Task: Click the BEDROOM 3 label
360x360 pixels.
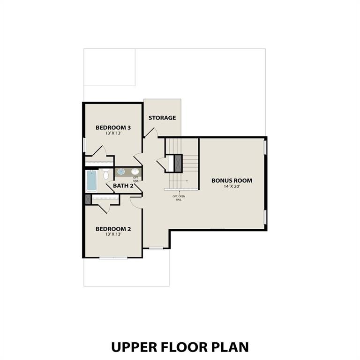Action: tap(113, 127)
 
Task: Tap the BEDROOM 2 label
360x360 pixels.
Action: tap(113, 229)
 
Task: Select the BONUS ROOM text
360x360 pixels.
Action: tap(232, 180)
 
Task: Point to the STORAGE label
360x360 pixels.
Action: tap(162, 118)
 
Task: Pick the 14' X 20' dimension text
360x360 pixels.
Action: tap(232, 187)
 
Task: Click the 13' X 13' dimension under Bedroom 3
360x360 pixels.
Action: tap(113, 134)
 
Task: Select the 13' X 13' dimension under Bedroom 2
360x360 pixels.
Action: tap(113, 234)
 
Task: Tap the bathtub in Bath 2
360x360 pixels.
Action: tap(91, 180)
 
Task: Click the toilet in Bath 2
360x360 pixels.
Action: tap(106, 175)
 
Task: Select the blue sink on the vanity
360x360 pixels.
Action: tap(121, 172)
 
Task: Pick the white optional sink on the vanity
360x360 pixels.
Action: tap(135, 172)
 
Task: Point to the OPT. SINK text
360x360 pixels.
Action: tap(135, 179)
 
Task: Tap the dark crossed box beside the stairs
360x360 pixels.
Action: tap(178, 163)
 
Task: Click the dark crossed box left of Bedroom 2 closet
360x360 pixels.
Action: tap(87, 199)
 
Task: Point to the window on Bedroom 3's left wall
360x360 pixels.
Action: tap(84, 145)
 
